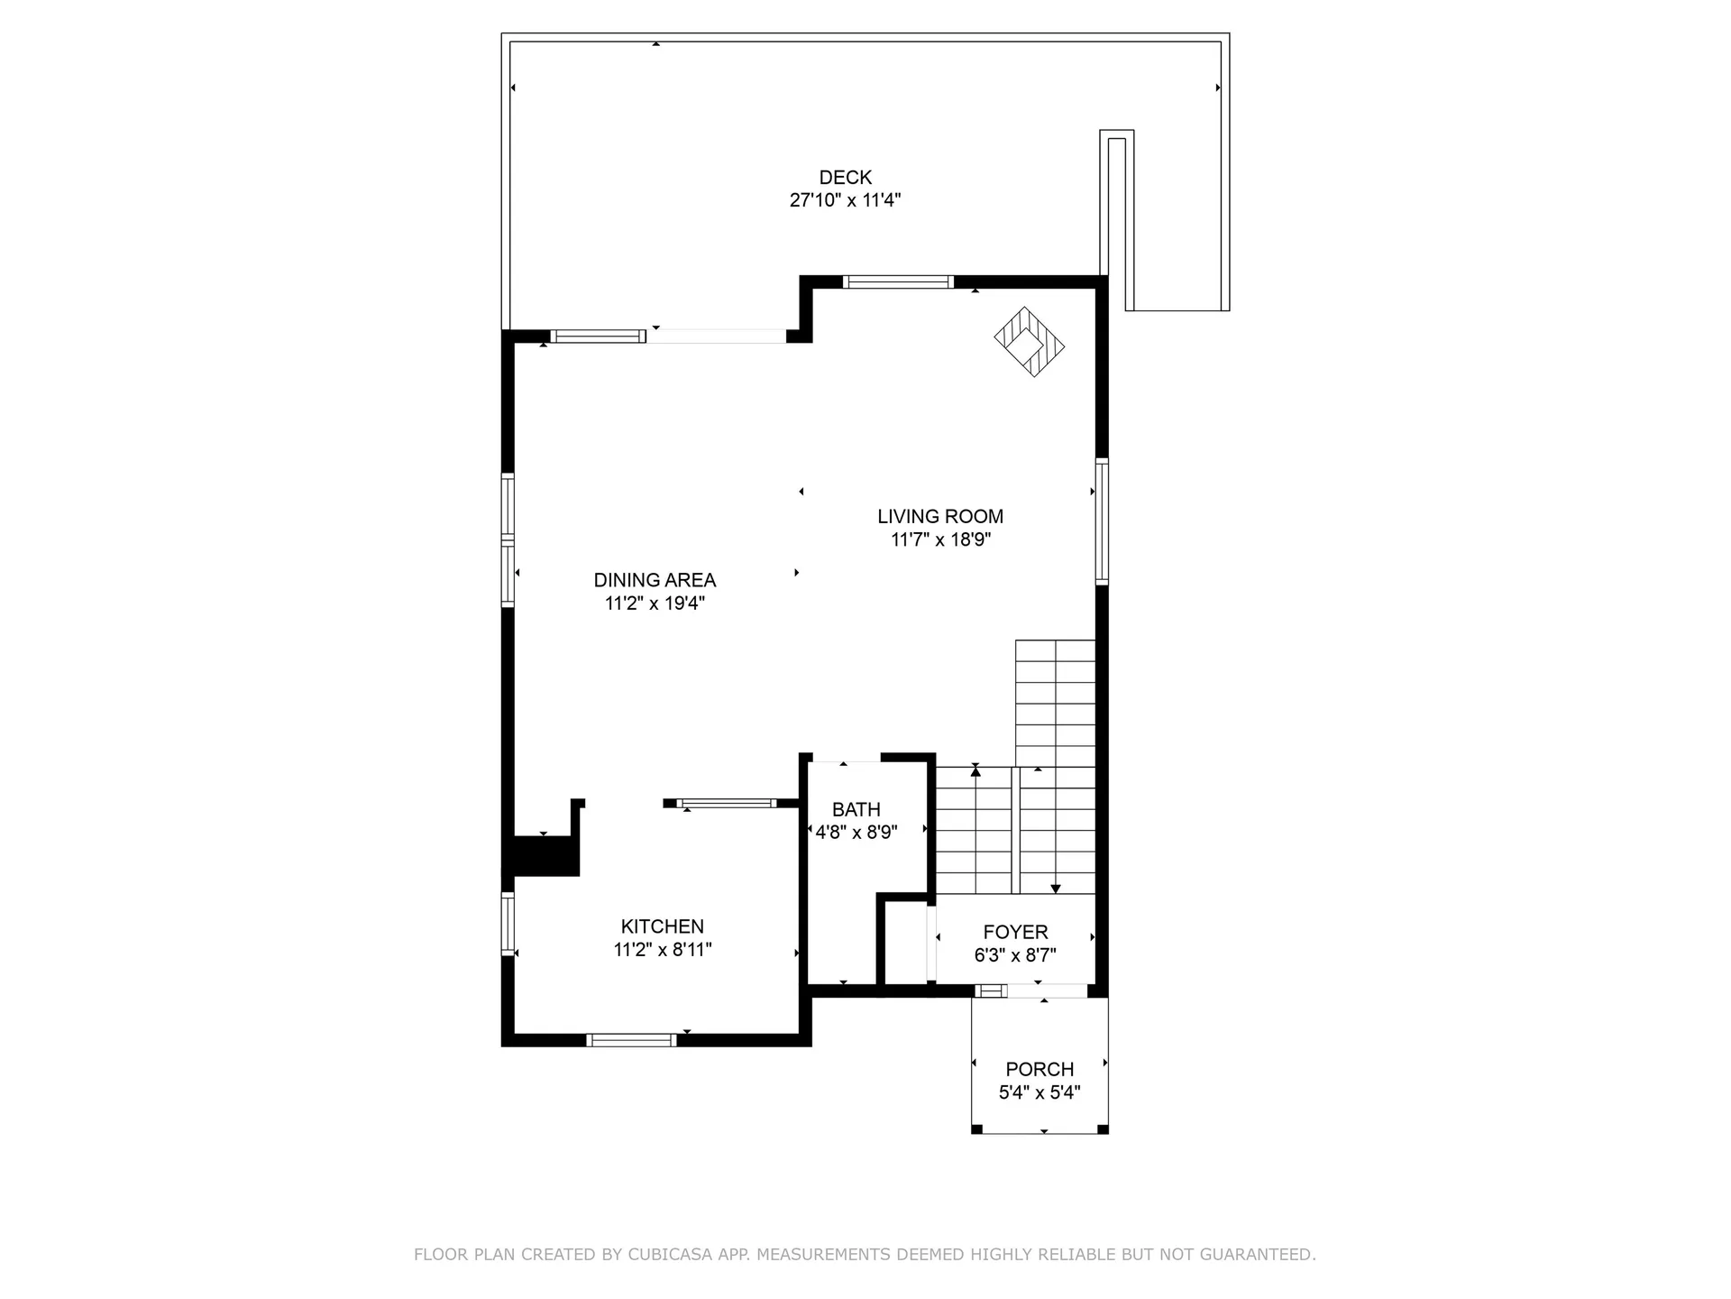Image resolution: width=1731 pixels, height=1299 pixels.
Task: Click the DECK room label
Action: (x=845, y=178)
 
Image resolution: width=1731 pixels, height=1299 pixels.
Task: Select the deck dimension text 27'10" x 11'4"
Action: (x=845, y=200)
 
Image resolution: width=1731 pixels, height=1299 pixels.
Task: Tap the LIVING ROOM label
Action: (x=940, y=517)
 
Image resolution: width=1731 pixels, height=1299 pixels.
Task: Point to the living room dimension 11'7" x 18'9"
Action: (x=940, y=540)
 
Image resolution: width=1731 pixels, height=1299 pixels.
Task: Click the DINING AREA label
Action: (x=655, y=581)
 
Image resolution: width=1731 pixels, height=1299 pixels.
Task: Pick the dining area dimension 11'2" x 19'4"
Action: (x=655, y=603)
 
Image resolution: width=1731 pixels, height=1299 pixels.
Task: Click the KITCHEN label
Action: (x=662, y=926)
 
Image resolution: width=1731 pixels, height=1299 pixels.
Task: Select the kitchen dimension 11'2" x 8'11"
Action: (x=662, y=950)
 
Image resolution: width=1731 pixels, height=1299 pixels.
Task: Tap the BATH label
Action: (x=856, y=810)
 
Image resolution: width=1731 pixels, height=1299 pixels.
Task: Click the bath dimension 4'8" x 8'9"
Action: (x=856, y=833)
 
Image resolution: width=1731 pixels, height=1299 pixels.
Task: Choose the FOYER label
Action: (x=1015, y=933)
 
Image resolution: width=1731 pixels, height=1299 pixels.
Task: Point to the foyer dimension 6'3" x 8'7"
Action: (x=1015, y=955)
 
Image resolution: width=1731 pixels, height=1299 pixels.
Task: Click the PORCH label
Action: (x=1040, y=1070)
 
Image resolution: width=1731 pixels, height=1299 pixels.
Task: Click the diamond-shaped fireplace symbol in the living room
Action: (x=1029, y=343)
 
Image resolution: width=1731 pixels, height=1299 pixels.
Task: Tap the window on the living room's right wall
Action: (x=1102, y=521)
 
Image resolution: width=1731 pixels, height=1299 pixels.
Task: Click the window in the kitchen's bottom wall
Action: (x=631, y=1040)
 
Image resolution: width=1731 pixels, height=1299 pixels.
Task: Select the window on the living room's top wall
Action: (x=898, y=282)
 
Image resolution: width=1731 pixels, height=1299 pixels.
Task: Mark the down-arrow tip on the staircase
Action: (x=1056, y=889)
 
